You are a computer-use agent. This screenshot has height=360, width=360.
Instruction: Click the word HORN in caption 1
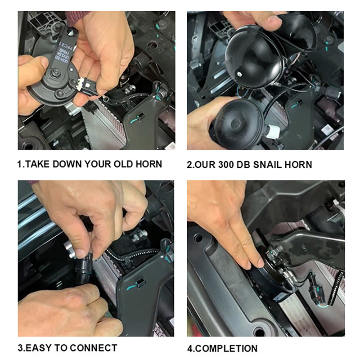click(x=149, y=164)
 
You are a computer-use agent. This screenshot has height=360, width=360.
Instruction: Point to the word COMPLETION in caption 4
click(x=226, y=349)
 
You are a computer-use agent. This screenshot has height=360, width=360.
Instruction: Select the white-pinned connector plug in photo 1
click(x=88, y=86)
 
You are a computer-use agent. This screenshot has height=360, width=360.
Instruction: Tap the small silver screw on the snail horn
click(x=239, y=74)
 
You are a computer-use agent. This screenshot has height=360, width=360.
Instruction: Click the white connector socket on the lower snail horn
click(x=273, y=132)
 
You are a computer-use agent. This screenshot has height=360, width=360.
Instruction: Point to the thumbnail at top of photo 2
click(x=275, y=19)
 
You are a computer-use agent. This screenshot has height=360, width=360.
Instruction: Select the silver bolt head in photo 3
click(x=70, y=249)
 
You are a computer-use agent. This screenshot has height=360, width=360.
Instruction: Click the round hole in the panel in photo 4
click(x=260, y=332)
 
